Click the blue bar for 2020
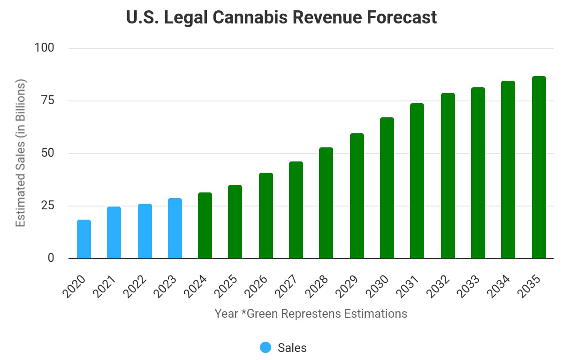pyautogui.click(x=84, y=239)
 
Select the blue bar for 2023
pyautogui.click(x=175, y=229)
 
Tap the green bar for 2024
pyautogui.click(x=205, y=226)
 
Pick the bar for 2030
pyautogui.click(x=387, y=188)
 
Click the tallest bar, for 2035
pyautogui.click(x=539, y=168)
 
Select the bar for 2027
pyautogui.click(x=296, y=210)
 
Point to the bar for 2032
pyautogui.click(x=448, y=176)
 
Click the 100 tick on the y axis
pyautogui.click(x=45, y=48)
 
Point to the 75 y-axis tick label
pyautogui.click(x=48, y=100)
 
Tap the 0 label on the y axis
pyautogui.click(x=51, y=258)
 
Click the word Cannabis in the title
pyautogui.click(x=259, y=17)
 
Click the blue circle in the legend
pyautogui.click(x=266, y=347)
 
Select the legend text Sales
pyautogui.click(x=292, y=348)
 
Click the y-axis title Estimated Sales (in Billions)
pyautogui.click(x=20, y=153)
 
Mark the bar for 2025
pyautogui.click(x=235, y=222)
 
